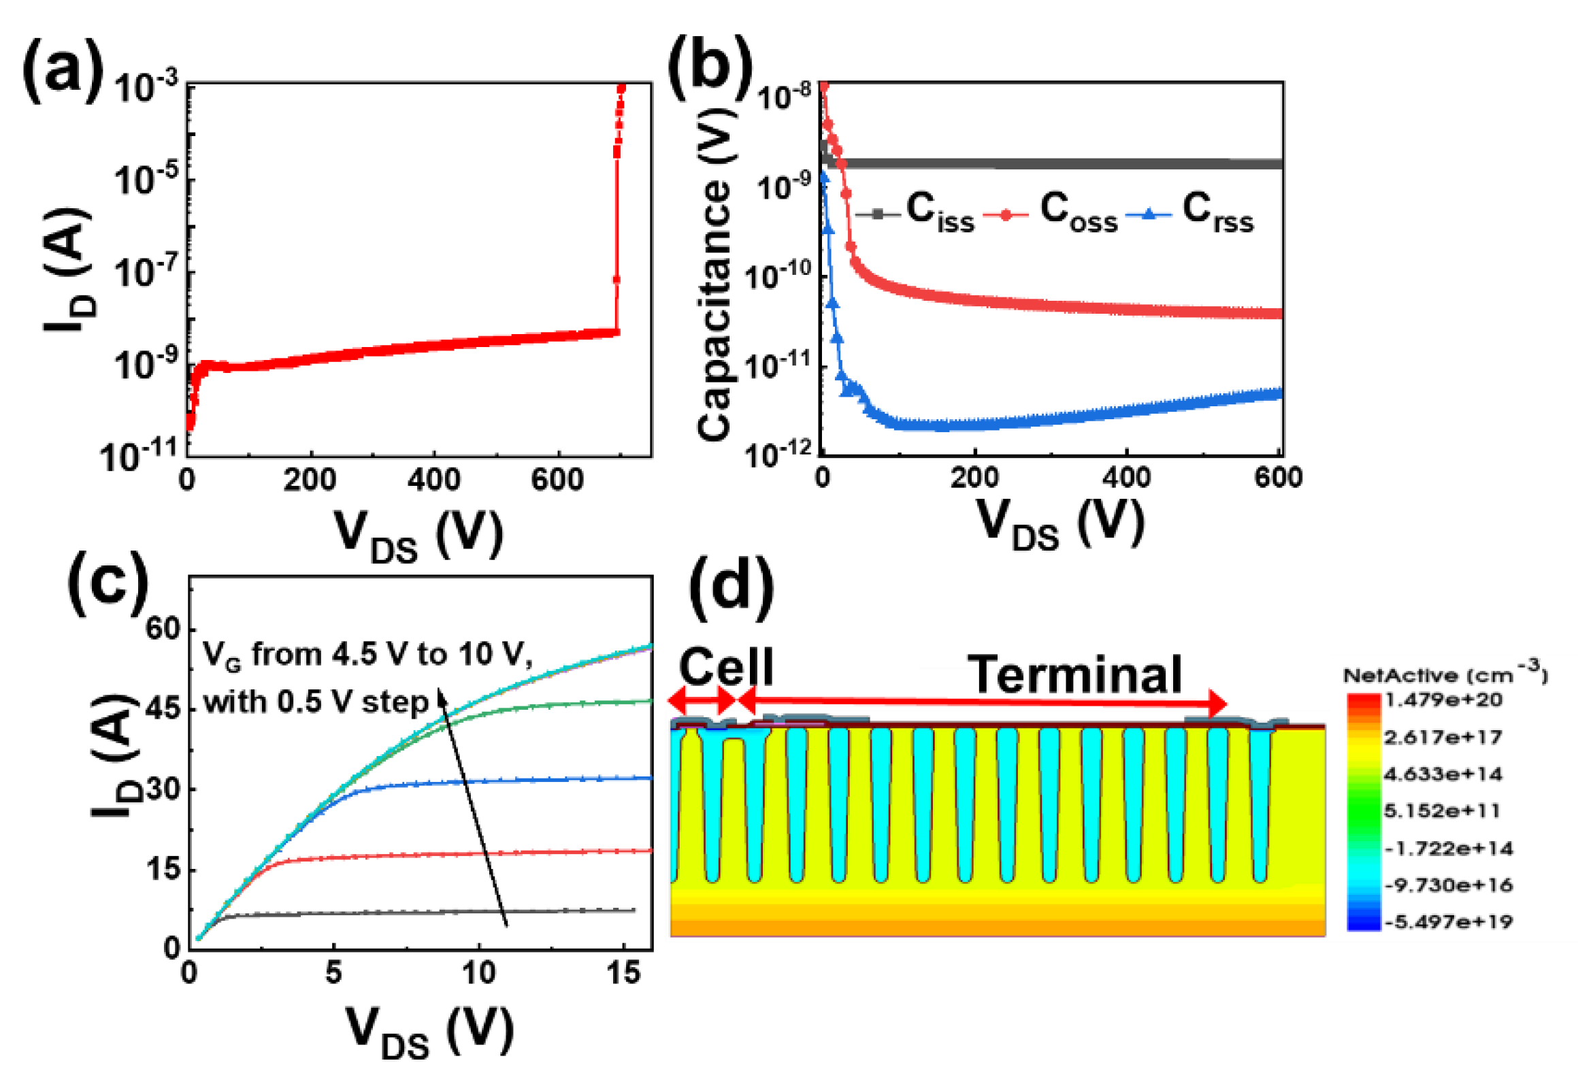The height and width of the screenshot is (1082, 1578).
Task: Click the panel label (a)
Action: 63,69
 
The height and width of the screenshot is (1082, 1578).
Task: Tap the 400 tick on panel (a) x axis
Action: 433,480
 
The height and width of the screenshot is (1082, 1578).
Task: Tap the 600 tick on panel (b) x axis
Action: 1278,477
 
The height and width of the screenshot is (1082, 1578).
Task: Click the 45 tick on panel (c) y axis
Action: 163,709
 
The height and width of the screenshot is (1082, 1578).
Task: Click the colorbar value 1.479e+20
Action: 1443,700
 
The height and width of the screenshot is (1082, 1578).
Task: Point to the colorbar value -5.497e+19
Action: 1448,922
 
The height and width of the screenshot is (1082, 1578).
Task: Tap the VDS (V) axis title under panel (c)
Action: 429,1032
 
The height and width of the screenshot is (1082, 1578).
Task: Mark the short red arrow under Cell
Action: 702,700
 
